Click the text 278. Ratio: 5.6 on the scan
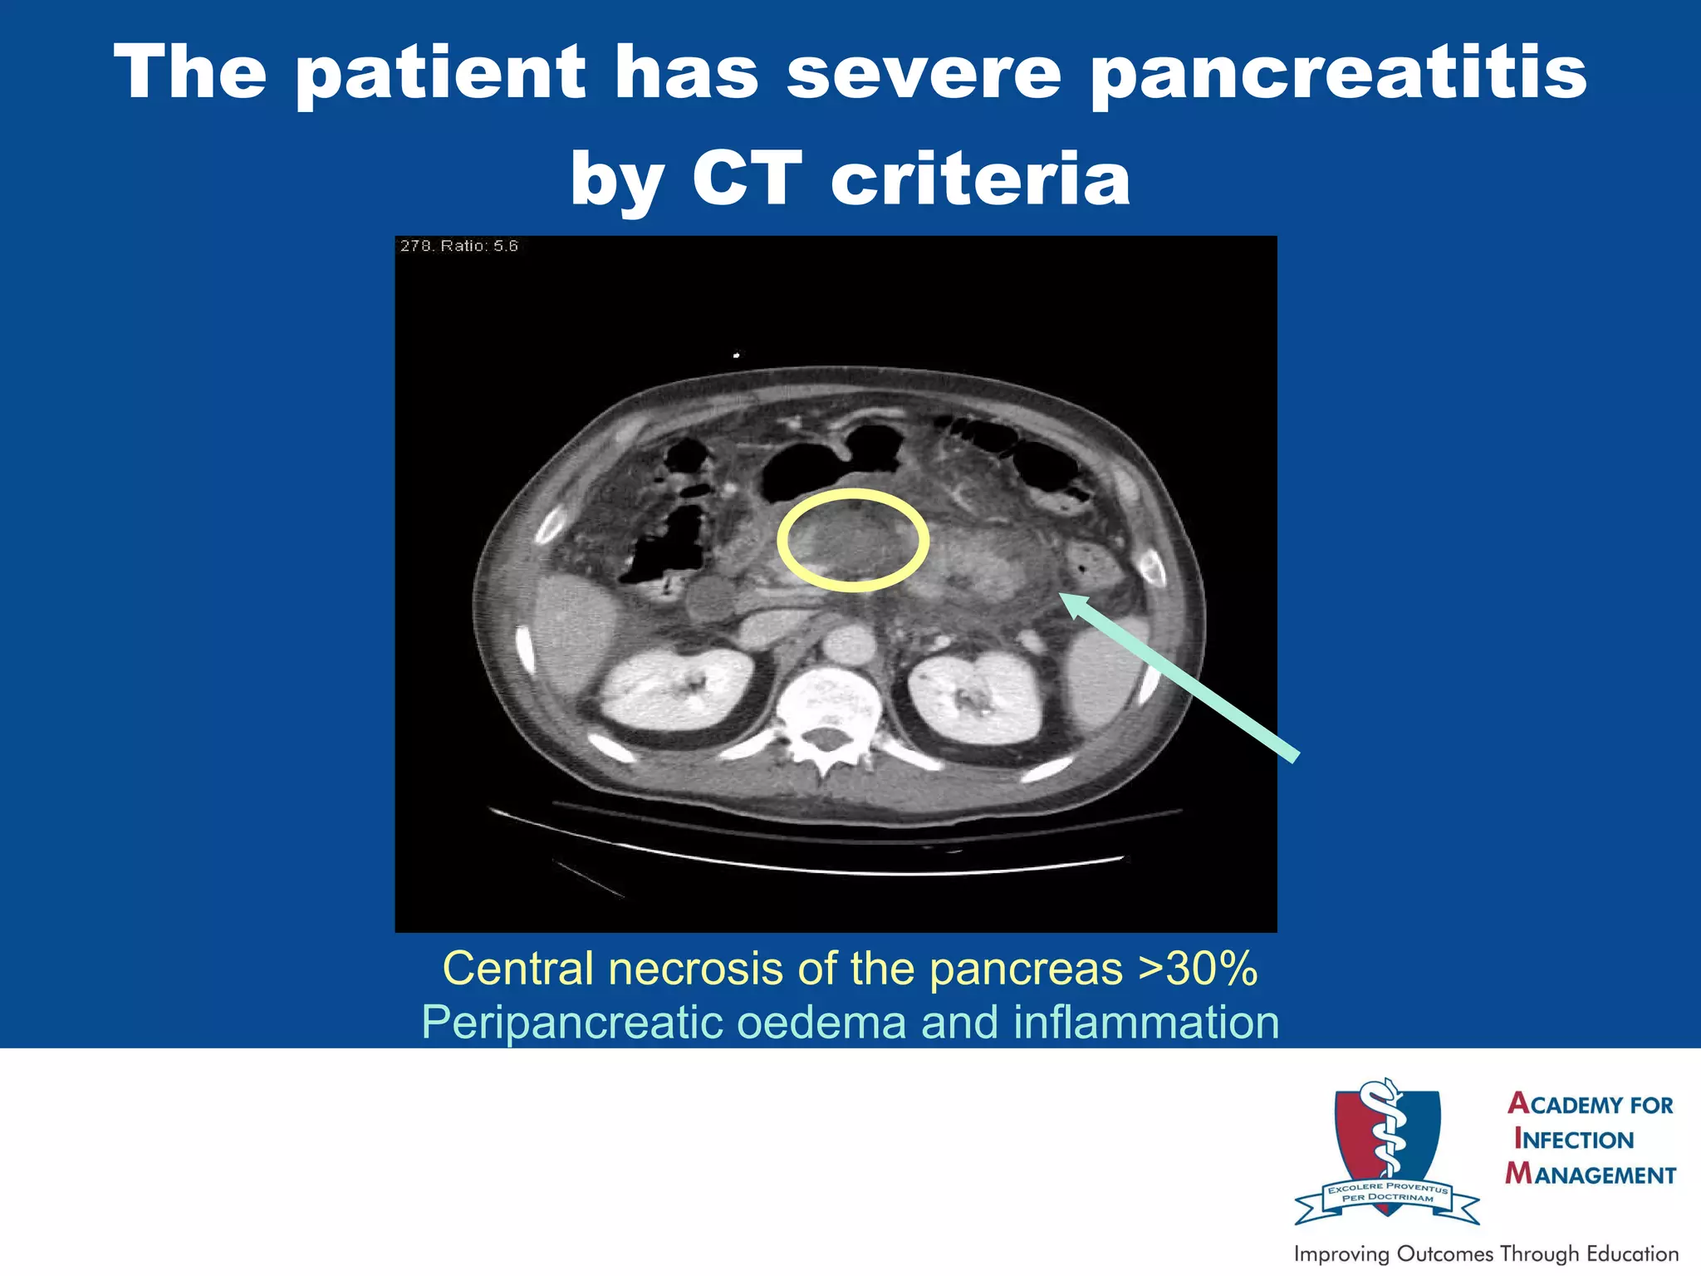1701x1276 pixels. (458, 246)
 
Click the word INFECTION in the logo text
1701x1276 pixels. (1573, 1139)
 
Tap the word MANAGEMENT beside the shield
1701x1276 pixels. (1591, 1175)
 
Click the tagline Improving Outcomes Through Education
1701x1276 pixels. (1486, 1254)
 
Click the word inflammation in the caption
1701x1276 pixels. (1146, 1023)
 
